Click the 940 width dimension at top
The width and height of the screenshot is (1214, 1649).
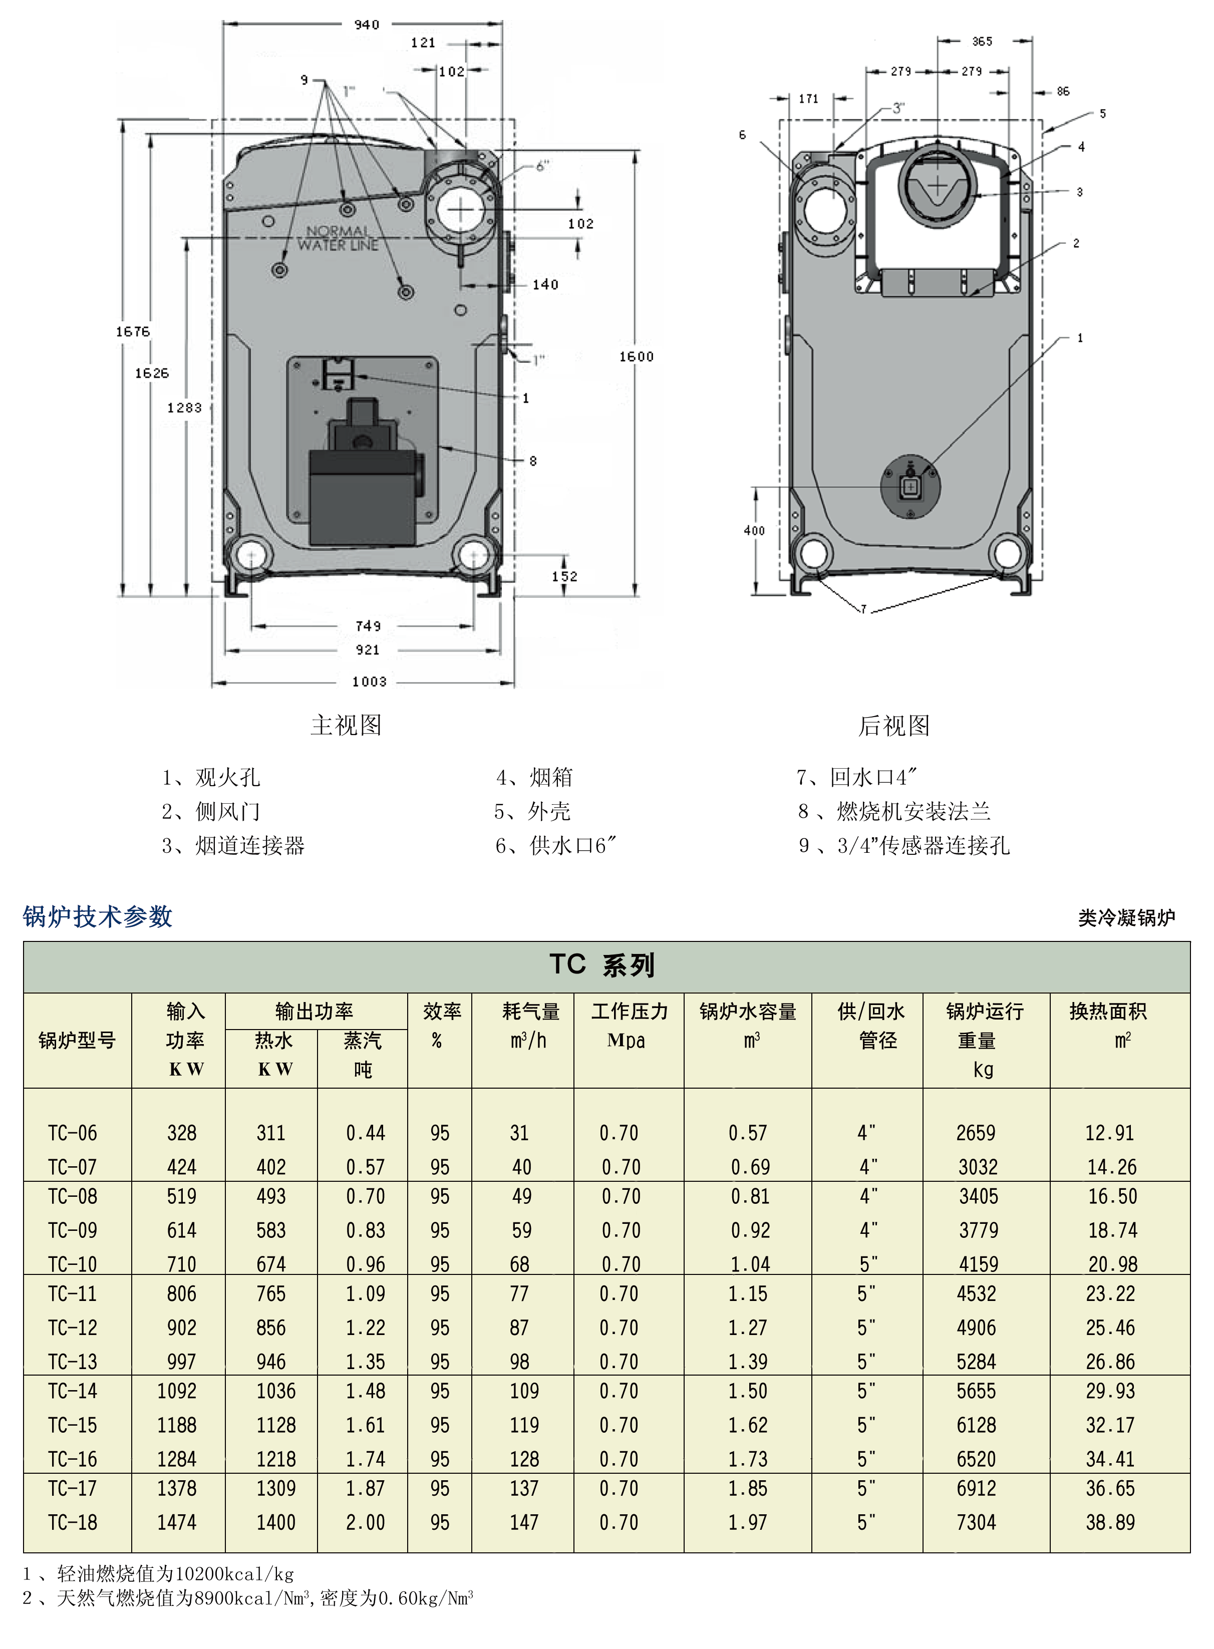[366, 24]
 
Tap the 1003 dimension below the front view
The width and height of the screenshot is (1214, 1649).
[369, 681]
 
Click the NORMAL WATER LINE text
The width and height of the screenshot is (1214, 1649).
[338, 238]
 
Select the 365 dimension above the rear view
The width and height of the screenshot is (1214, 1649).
[982, 41]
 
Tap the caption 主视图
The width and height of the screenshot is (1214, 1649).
[346, 725]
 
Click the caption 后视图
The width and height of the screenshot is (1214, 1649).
[893, 725]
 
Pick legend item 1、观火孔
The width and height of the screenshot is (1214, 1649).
[211, 778]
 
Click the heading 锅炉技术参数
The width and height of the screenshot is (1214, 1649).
[98, 916]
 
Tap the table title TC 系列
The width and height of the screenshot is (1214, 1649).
[602, 965]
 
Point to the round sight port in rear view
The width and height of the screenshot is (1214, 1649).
[911, 486]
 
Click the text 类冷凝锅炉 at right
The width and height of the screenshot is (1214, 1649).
[1126, 918]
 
